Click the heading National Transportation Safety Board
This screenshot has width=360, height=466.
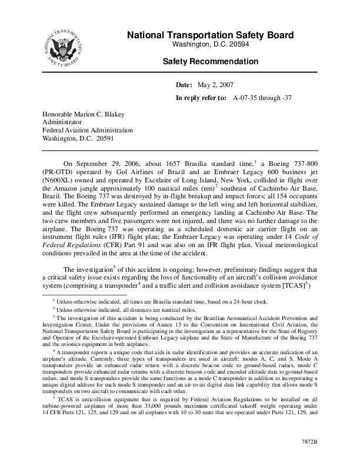210,36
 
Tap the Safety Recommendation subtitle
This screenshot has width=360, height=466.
210,61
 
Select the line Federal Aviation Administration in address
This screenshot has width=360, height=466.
87,131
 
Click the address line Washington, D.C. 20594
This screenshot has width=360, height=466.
210,45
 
